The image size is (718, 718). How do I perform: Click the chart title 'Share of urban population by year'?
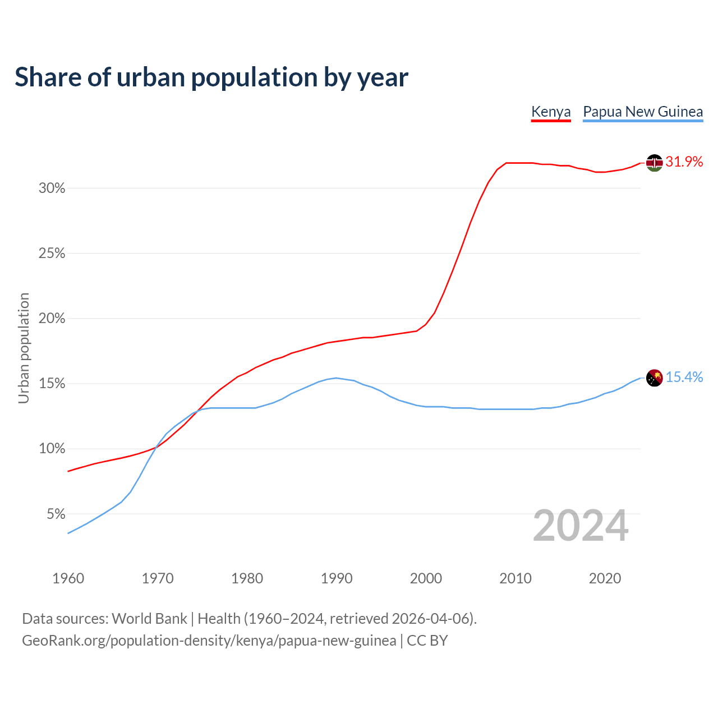point(211,77)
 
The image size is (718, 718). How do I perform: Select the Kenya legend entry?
point(551,112)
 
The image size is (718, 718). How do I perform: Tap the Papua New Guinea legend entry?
point(643,112)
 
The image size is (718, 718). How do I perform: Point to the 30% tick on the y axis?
point(52,188)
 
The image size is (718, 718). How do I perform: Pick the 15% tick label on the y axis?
point(52,384)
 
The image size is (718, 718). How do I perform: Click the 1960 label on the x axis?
point(68,578)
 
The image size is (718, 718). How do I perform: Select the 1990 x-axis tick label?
point(337,578)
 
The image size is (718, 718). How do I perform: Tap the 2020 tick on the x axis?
point(605,578)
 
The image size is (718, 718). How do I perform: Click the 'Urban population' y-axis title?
point(24,348)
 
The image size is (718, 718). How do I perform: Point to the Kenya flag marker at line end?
point(654,163)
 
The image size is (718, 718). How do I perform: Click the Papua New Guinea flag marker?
point(654,378)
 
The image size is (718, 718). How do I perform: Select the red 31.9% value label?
point(684,162)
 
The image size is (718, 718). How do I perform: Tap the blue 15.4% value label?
point(684,378)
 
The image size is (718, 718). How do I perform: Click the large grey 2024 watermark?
point(581,526)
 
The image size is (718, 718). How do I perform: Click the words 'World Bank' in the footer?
point(149,619)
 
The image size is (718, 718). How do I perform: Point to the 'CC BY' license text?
point(427,641)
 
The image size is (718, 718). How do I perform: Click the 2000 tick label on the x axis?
point(426,578)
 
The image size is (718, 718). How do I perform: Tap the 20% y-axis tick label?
point(52,319)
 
